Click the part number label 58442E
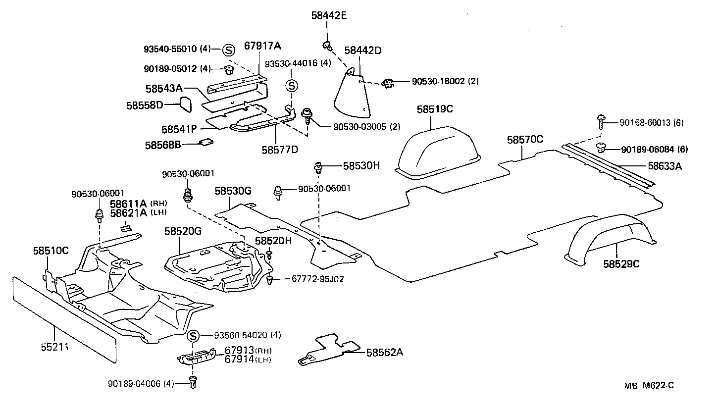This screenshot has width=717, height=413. (329, 15)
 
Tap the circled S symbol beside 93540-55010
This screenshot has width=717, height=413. (228, 50)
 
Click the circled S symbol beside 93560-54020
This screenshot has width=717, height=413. (194, 336)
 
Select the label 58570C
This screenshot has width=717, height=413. (525, 140)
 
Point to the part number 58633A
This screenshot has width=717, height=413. (665, 166)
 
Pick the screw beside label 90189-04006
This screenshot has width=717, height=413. (193, 381)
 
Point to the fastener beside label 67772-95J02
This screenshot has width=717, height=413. (270, 281)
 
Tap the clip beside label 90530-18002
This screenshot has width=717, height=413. (389, 83)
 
